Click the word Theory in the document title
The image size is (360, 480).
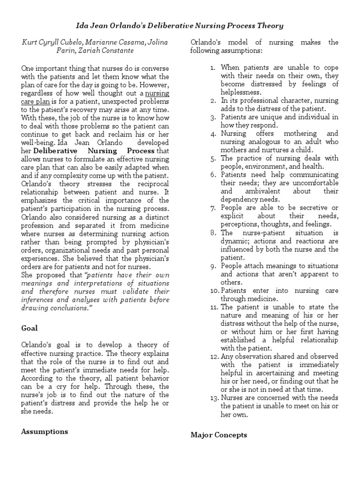point(269,25)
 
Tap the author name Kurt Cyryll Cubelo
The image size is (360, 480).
point(52,42)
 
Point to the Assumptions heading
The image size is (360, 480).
point(45,431)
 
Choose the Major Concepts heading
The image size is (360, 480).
point(218,435)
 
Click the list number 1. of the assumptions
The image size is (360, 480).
point(212,67)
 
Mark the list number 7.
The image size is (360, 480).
point(212,208)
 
